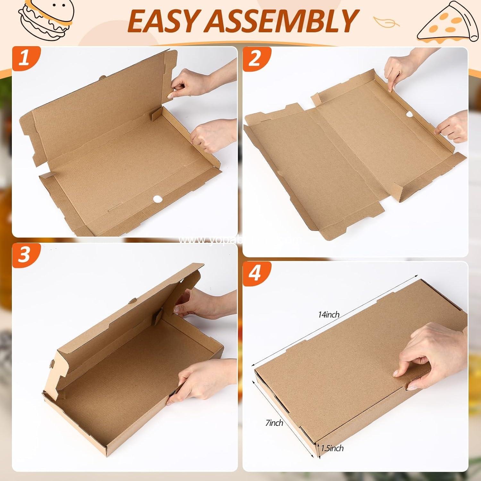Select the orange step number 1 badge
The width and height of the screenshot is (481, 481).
tap(25, 60)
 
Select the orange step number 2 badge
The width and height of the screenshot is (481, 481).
tap(255, 60)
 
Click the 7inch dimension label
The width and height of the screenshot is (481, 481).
tap(274, 423)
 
